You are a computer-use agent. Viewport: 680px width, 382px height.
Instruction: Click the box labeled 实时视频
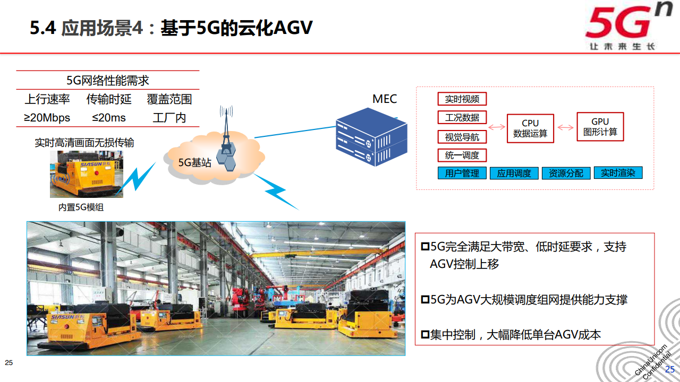[462, 99]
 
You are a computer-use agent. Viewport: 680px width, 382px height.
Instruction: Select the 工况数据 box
[462, 117]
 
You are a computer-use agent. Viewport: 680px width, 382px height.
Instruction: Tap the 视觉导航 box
[462, 137]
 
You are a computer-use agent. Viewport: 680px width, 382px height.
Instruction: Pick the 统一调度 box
[462, 155]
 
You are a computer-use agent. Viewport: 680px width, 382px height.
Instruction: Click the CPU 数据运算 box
[530, 128]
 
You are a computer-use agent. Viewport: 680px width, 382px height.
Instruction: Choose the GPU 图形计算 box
[600, 127]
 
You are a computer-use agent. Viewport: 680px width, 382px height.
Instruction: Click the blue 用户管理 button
[462, 173]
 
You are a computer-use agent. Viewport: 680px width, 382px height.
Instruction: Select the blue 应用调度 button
[514, 173]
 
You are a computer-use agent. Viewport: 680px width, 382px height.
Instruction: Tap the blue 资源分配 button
[566, 173]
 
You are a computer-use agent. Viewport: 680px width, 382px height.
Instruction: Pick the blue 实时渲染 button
[618, 173]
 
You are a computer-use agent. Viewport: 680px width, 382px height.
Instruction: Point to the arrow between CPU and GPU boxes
[566, 127]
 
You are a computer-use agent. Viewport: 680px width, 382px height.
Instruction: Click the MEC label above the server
[384, 99]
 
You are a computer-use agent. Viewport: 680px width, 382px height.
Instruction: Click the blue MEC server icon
[371, 137]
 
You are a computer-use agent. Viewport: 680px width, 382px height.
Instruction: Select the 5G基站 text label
[194, 163]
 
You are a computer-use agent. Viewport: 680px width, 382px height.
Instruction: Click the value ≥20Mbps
[47, 118]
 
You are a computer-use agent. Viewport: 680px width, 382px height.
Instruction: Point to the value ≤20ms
[109, 118]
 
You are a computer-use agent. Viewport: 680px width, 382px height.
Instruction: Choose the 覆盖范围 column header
[169, 99]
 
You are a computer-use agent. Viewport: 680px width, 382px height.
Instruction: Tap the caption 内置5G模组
[81, 207]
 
